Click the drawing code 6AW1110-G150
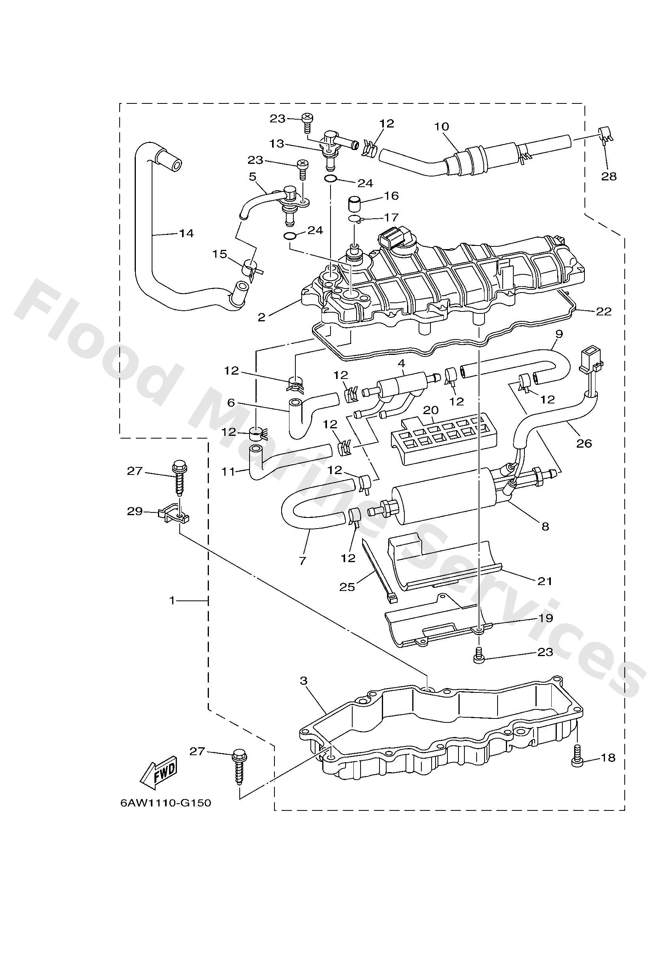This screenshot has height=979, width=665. coord(165,803)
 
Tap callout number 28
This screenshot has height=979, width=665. coord(609,176)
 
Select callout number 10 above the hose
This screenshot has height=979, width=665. coord(441,126)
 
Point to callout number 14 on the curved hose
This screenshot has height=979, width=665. coord(186,233)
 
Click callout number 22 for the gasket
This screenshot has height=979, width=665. coord(603,311)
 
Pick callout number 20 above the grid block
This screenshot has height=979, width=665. coord(431,410)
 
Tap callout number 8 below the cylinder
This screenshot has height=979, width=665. coord(545,526)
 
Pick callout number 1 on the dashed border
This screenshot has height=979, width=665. coord(172,601)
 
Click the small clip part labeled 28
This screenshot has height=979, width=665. coord(605,136)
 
